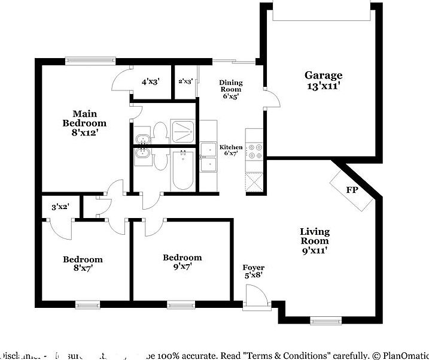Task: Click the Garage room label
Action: (324, 80)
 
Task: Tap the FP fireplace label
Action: (352, 190)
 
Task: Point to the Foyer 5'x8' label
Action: (253, 271)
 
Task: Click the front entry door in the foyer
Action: (255, 298)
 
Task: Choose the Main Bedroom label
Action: (80, 123)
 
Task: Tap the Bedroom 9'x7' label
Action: (182, 262)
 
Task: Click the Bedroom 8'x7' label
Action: (83, 264)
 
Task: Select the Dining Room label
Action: (230, 89)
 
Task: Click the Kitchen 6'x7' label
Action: (231, 150)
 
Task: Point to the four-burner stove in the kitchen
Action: (255, 150)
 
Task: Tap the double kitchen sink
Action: (208, 156)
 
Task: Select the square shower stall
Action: (183, 130)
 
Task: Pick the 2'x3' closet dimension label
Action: (185, 81)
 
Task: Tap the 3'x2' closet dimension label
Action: (60, 207)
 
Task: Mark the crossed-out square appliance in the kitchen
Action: (254, 181)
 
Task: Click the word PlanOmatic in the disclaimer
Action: (405, 355)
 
